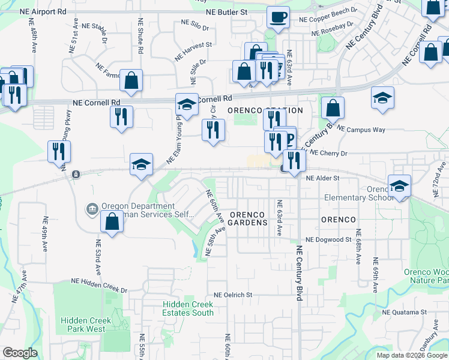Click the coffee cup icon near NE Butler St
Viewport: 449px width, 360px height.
277,17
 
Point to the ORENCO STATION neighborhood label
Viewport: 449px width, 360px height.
265,111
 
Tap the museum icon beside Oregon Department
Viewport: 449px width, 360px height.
92,208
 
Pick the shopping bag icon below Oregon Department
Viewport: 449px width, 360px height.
112,223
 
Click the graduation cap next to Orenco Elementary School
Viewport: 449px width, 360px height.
399,185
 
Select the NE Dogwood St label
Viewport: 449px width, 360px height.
328,239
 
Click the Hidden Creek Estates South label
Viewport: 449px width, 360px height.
188,308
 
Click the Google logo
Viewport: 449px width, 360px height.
20,353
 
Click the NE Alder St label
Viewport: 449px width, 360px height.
322,178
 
